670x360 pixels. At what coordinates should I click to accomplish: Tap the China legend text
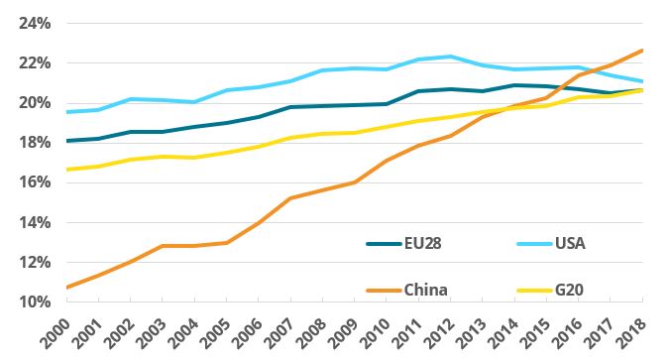426,290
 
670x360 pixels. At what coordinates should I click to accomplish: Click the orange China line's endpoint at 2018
642,50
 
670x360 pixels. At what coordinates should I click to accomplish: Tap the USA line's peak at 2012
451,57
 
